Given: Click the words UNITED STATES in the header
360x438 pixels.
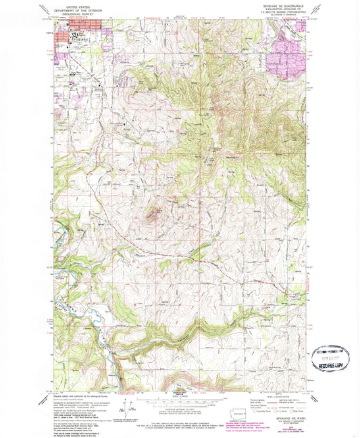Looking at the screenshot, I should pos(68,6).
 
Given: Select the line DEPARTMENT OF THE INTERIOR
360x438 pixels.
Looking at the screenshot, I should pos(68,10).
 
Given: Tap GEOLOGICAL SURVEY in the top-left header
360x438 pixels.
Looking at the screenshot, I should pos(68,14).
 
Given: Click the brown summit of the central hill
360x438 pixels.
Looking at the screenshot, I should pos(153,215).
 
